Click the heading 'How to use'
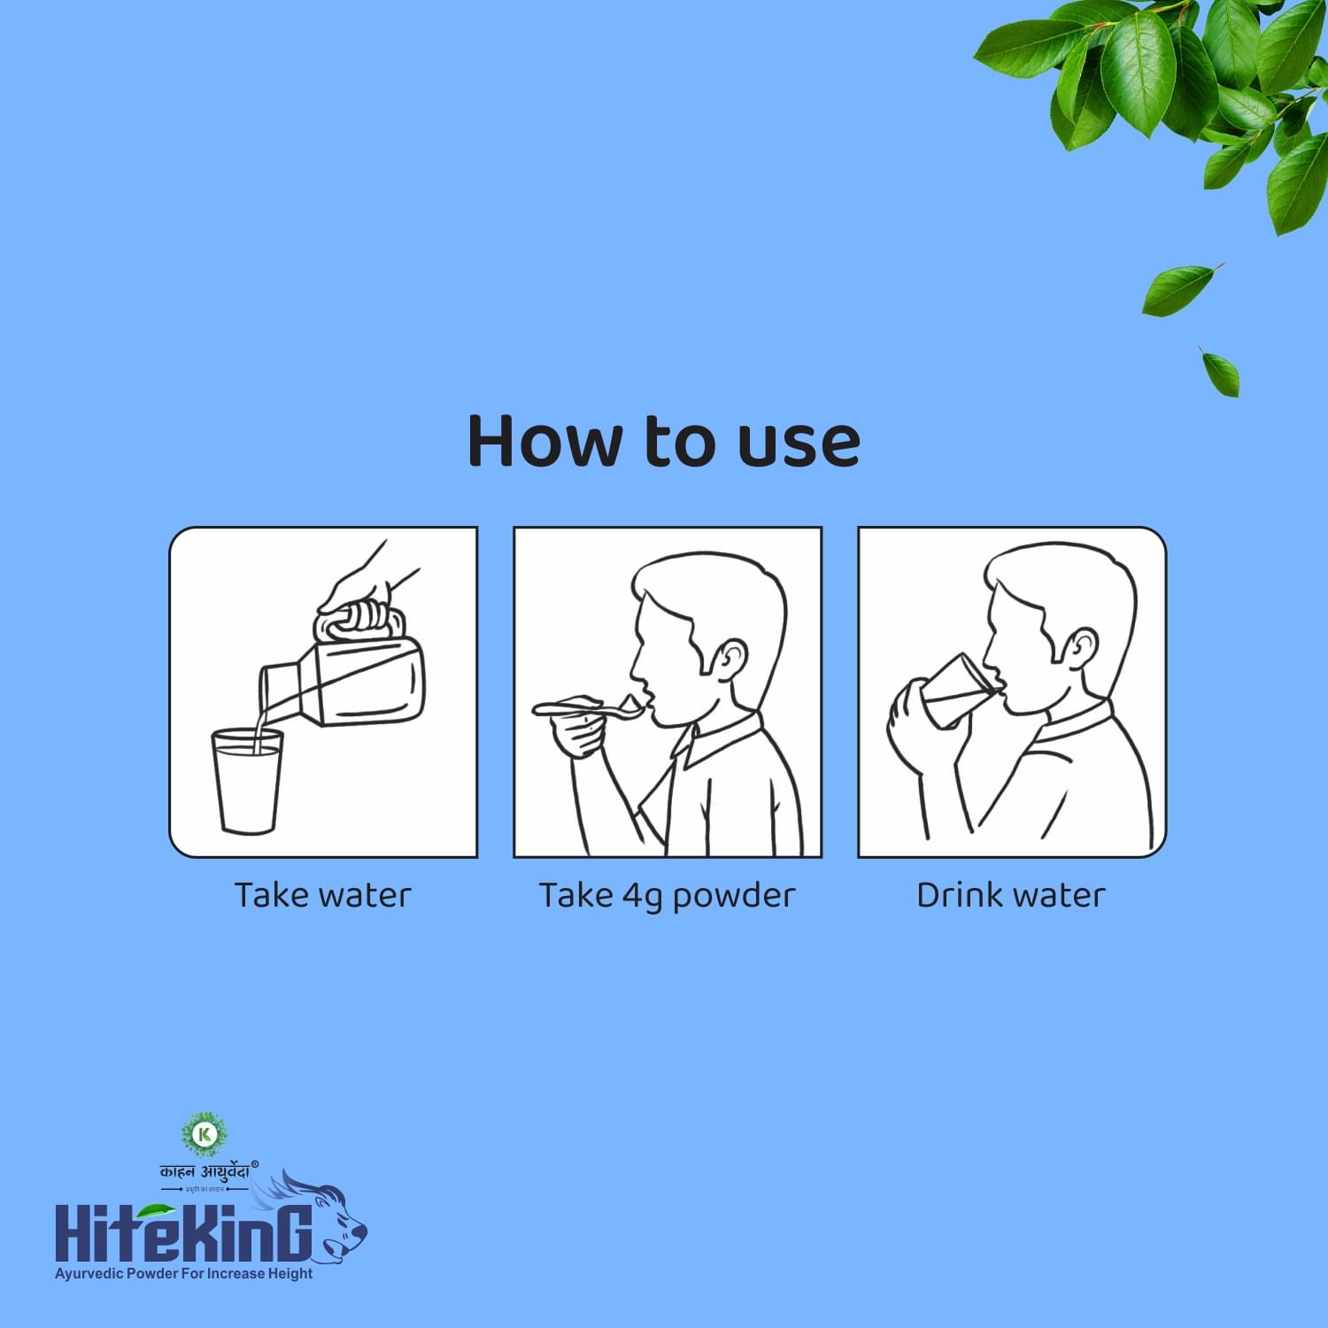(663, 440)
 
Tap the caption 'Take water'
(322, 895)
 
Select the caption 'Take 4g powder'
(667, 896)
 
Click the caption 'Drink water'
(1010, 895)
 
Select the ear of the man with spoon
(731, 659)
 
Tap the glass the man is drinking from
(956, 691)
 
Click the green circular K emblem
(205, 1134)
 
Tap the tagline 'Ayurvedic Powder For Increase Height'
(183, 1273)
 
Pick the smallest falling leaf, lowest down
(1221, 373)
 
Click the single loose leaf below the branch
(1180, 290)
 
